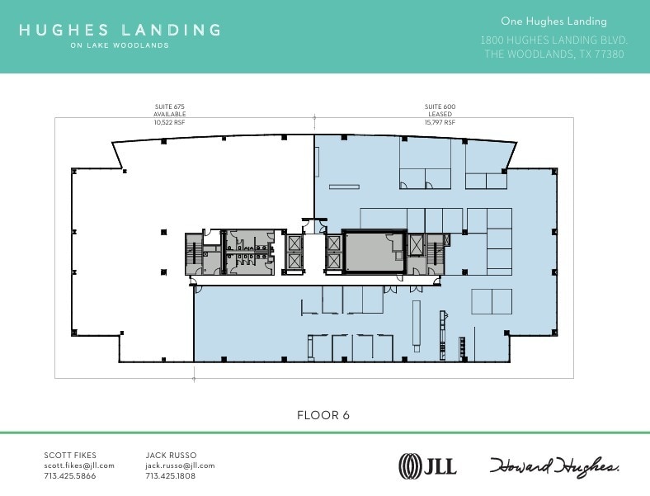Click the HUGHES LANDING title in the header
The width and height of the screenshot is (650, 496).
[x=120, y=30]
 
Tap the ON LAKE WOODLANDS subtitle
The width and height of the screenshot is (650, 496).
[x=120, y=45]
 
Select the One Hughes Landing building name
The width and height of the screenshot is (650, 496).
[x=553, y=21]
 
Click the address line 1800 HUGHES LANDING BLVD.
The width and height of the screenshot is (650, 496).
[x=553, y=40]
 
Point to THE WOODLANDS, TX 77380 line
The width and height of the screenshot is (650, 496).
[x=553, y=54]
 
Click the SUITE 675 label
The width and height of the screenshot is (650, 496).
[x=169, y=107]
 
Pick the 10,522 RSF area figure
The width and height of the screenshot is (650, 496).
[x=169, y=122]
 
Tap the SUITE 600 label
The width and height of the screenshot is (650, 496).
[x=440, y=107]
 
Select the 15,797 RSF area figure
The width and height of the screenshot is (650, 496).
[x=440, y=122]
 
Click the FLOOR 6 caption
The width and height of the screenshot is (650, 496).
[x=323, y=415]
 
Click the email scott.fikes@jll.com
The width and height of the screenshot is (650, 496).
[x=79, y=465]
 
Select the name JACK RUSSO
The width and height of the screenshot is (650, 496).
[x=171, y=456]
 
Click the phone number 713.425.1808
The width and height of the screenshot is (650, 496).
[x=171, y=476]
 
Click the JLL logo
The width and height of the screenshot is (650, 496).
[x=427, y=465]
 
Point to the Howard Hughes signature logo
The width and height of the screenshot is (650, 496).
[x=554, y=465]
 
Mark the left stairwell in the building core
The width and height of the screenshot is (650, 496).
[x=194, y=254]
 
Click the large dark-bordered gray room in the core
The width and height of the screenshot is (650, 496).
[x=374, y=251]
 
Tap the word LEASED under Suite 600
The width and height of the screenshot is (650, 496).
[x=440, y=115]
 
